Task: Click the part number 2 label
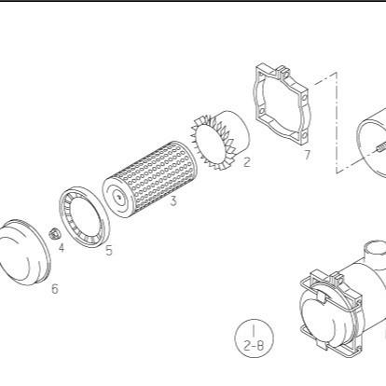coord(246,162)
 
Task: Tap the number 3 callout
coord(173,201)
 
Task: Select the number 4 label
coord(62,248)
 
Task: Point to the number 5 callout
coord(108,250)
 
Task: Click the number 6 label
coord(55,289)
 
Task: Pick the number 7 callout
coord(307,155)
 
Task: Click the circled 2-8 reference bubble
coord(255,338)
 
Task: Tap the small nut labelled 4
coord(55,233)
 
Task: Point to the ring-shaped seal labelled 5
coord(84,216)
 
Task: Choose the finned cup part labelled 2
coord(220,140)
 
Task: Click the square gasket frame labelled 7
coord(283,104)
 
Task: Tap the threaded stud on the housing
coord(379,148)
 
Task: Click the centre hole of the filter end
coord(119,196)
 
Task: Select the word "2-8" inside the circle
coord(254,345)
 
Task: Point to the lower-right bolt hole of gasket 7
coord(304,135)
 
